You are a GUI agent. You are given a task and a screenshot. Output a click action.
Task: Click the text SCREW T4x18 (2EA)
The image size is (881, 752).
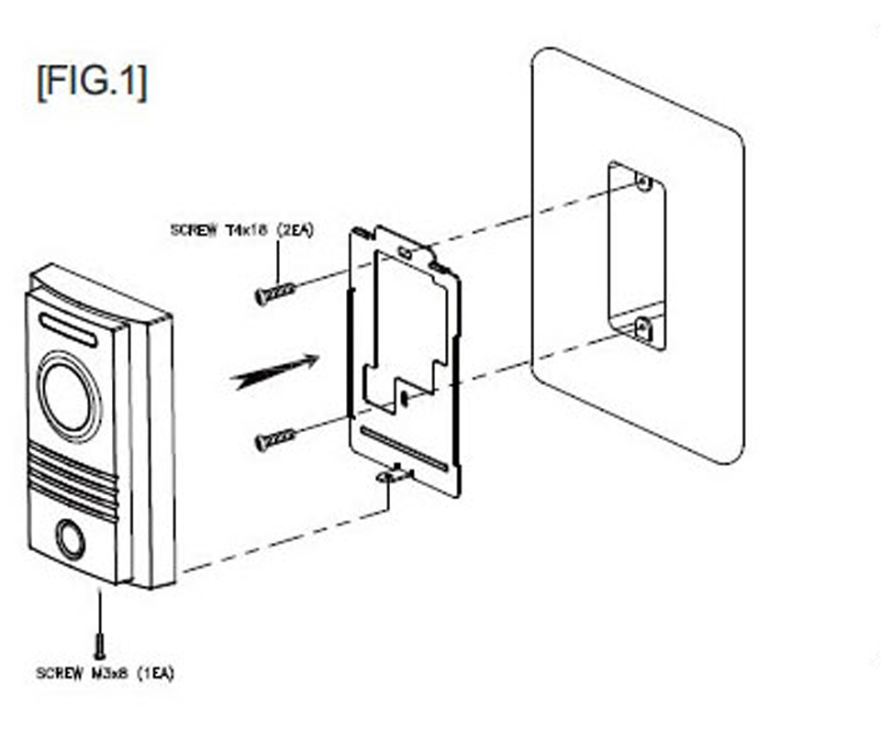(x=241, y=230)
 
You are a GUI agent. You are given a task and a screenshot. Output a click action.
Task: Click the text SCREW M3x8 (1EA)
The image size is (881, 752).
(x=105, y=673)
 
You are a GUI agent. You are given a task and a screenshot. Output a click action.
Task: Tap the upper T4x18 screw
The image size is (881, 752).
(x=274, y=293)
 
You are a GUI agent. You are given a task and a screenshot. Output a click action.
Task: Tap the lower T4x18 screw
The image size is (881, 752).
(x=274, y=440)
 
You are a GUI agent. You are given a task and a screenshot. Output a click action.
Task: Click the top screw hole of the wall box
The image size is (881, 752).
(x=644, y=183)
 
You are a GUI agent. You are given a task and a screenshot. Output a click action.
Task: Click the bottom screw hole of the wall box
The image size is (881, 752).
(x=643, y=325)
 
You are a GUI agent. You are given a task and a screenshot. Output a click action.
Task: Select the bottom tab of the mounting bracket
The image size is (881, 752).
(x=396, y=474)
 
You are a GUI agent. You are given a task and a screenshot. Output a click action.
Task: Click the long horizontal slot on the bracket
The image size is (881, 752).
(x=405, y=448)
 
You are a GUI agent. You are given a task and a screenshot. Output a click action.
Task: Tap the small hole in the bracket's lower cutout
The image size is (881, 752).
(x=404, y=397)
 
